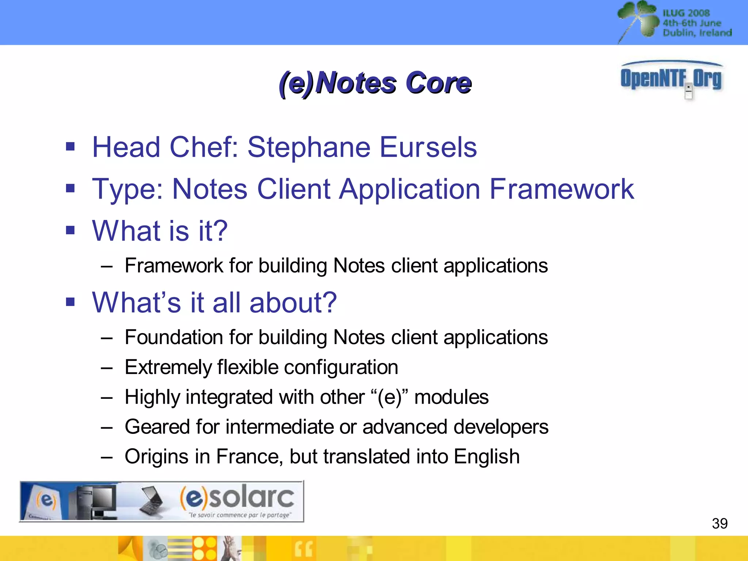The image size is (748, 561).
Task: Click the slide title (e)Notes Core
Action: click(375, 83)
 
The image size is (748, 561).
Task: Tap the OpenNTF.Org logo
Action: click(671, 78)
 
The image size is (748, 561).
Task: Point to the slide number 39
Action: click(720, 523)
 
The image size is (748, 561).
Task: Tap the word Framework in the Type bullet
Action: click(561, 189)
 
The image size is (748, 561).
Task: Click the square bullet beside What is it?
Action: click(70, 230)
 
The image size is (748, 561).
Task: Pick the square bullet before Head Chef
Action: click(70, 147)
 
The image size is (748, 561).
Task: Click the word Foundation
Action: click(173, 337)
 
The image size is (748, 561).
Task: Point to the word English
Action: click(486, 457)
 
